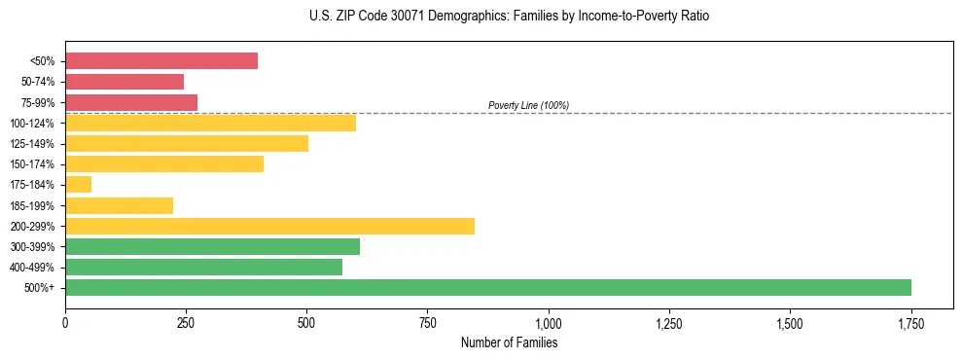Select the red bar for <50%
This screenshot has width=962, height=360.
tap(161, 61)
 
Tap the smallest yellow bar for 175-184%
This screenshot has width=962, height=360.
tap(78, 185)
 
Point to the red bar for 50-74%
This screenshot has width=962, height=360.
tap(125, 82)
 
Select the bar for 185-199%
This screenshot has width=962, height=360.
tap(119, 205)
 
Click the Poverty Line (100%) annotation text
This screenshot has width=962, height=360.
tap(528, 105)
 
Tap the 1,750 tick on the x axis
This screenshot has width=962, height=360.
tap(910, 323)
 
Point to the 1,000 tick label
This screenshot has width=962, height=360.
tap(549, 323)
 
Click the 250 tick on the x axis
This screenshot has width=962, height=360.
tap(186, 323)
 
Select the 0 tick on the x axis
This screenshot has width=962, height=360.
tap(65, 323)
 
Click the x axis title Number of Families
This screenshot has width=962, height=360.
tap(509, 342)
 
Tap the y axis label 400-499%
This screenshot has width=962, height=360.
tap(32, 268)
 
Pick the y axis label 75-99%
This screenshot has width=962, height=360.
tap(35, 103)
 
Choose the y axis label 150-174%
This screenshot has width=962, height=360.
tap(32, 164)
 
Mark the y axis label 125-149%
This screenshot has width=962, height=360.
tap(32, 144)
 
